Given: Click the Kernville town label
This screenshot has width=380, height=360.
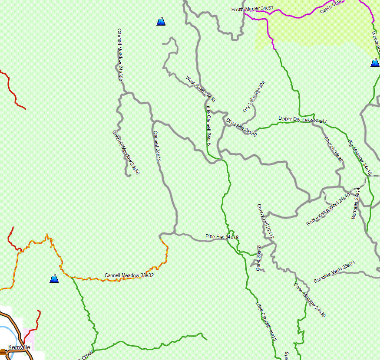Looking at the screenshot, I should click(x=19, y=347).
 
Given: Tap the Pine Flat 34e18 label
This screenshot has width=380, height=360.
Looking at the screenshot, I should click(x=222, y=236).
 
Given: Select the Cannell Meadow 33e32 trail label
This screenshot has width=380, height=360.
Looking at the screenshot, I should click(x=129, y=275).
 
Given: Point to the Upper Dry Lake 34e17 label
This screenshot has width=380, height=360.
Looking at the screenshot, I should click(x=302, y=119).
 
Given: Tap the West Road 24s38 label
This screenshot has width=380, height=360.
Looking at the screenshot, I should click(x=200, y=89).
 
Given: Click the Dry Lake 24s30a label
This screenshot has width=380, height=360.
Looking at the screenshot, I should click(x=254, y=97).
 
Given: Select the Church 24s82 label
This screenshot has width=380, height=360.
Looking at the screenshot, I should click(x=334, y=149).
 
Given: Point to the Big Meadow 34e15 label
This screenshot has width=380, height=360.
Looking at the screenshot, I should click(x=360, y=157).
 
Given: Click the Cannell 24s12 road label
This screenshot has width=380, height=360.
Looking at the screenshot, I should click(x=157, y=147).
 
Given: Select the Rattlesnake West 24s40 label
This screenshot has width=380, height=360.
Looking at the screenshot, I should click(x=327, y=209).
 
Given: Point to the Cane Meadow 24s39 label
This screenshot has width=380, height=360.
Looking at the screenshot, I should click(x=309, y=300).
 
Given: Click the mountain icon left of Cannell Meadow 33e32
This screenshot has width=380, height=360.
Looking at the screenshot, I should click(x=54, y=278).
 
